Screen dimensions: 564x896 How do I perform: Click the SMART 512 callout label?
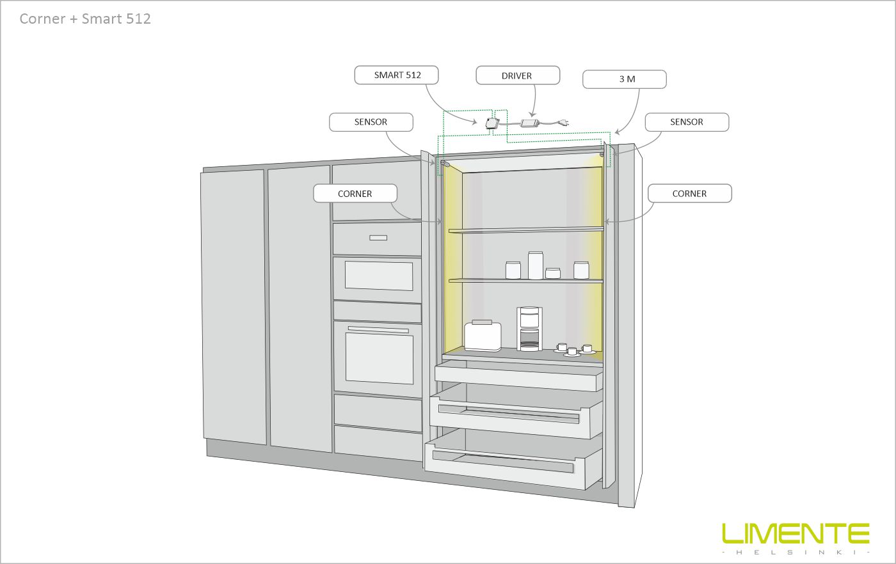tap(397, 75)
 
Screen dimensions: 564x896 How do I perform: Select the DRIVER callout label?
tap(517, 75)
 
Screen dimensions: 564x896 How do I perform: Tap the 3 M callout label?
tap(625, 79)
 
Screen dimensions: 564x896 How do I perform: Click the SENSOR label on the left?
tap(371, 121)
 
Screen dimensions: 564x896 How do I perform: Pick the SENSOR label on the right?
tap(686, 121)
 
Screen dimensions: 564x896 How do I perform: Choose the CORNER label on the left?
tap(355, 193)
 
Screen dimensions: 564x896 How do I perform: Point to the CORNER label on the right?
tap(689, 193)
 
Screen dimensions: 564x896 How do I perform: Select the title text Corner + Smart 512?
tap(85, 19)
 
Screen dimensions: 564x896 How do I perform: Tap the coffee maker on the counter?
tap(529, 329)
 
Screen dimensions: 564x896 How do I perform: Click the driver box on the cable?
tap(530, 122)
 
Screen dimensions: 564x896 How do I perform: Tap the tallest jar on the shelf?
tap(535, 265)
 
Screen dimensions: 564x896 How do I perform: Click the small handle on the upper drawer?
tap(378, 238)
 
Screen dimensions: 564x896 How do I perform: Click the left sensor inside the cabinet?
tap(444, 164)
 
